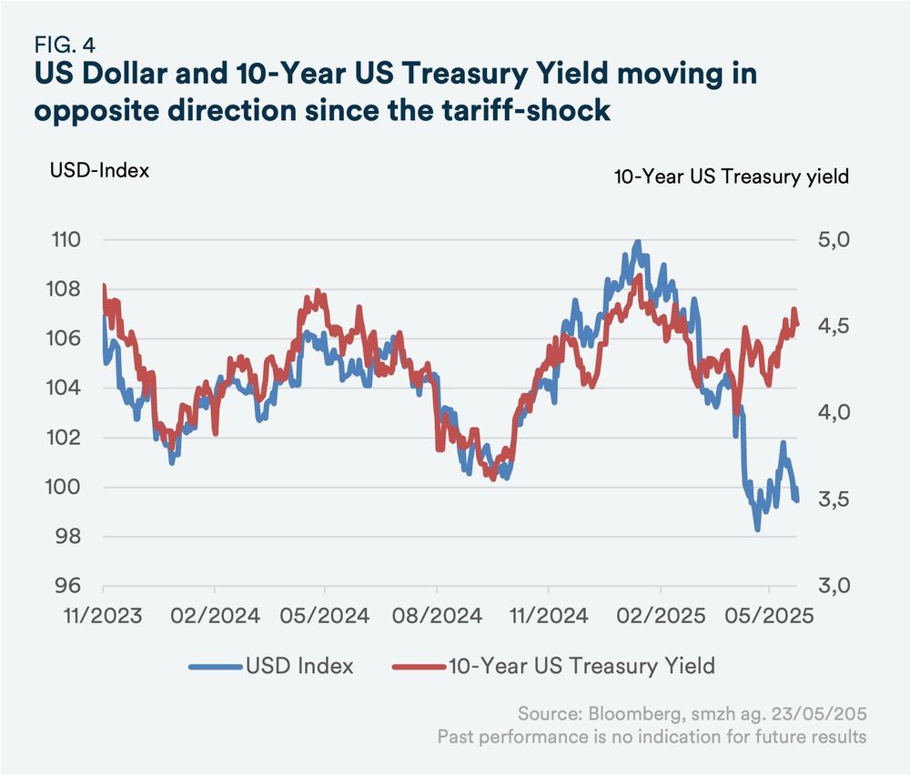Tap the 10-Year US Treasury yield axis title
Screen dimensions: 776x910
tap(732, 176)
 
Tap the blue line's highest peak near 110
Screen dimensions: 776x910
tap(637, 242)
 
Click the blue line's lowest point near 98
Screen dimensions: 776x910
tap(757, 529)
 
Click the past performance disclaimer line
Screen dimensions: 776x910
tap(652, 736)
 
